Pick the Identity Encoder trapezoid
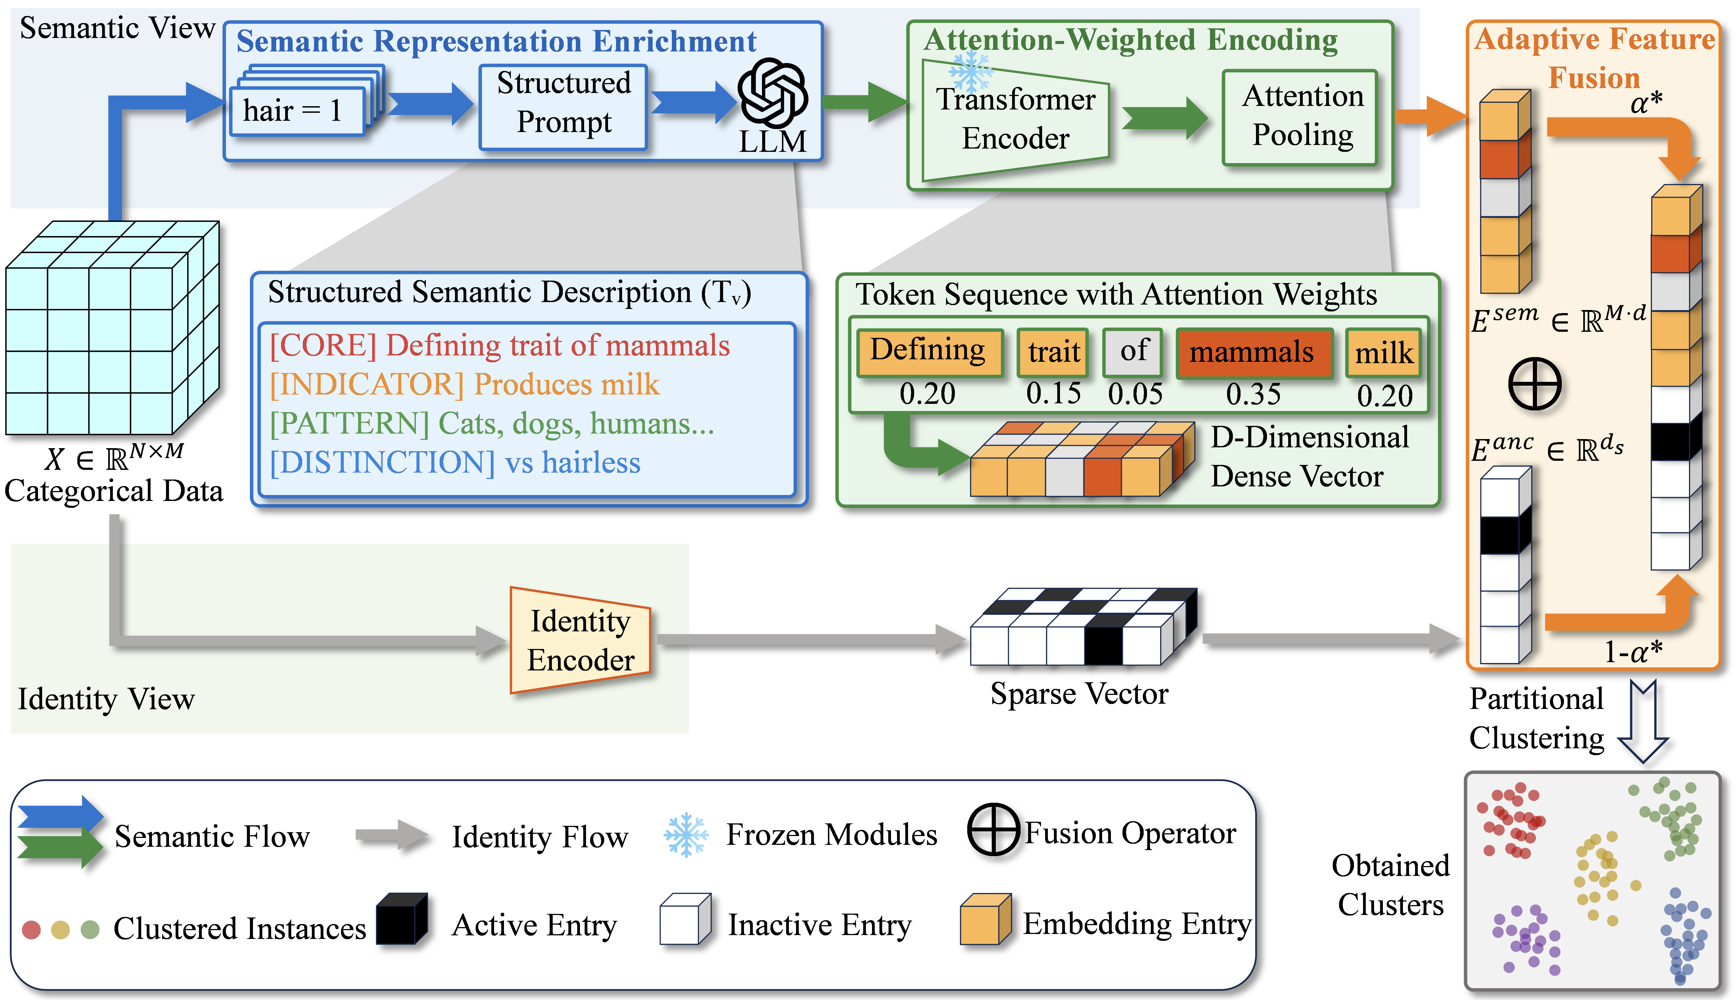[x=581, y=640]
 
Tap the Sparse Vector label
[x=1078, y=694]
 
